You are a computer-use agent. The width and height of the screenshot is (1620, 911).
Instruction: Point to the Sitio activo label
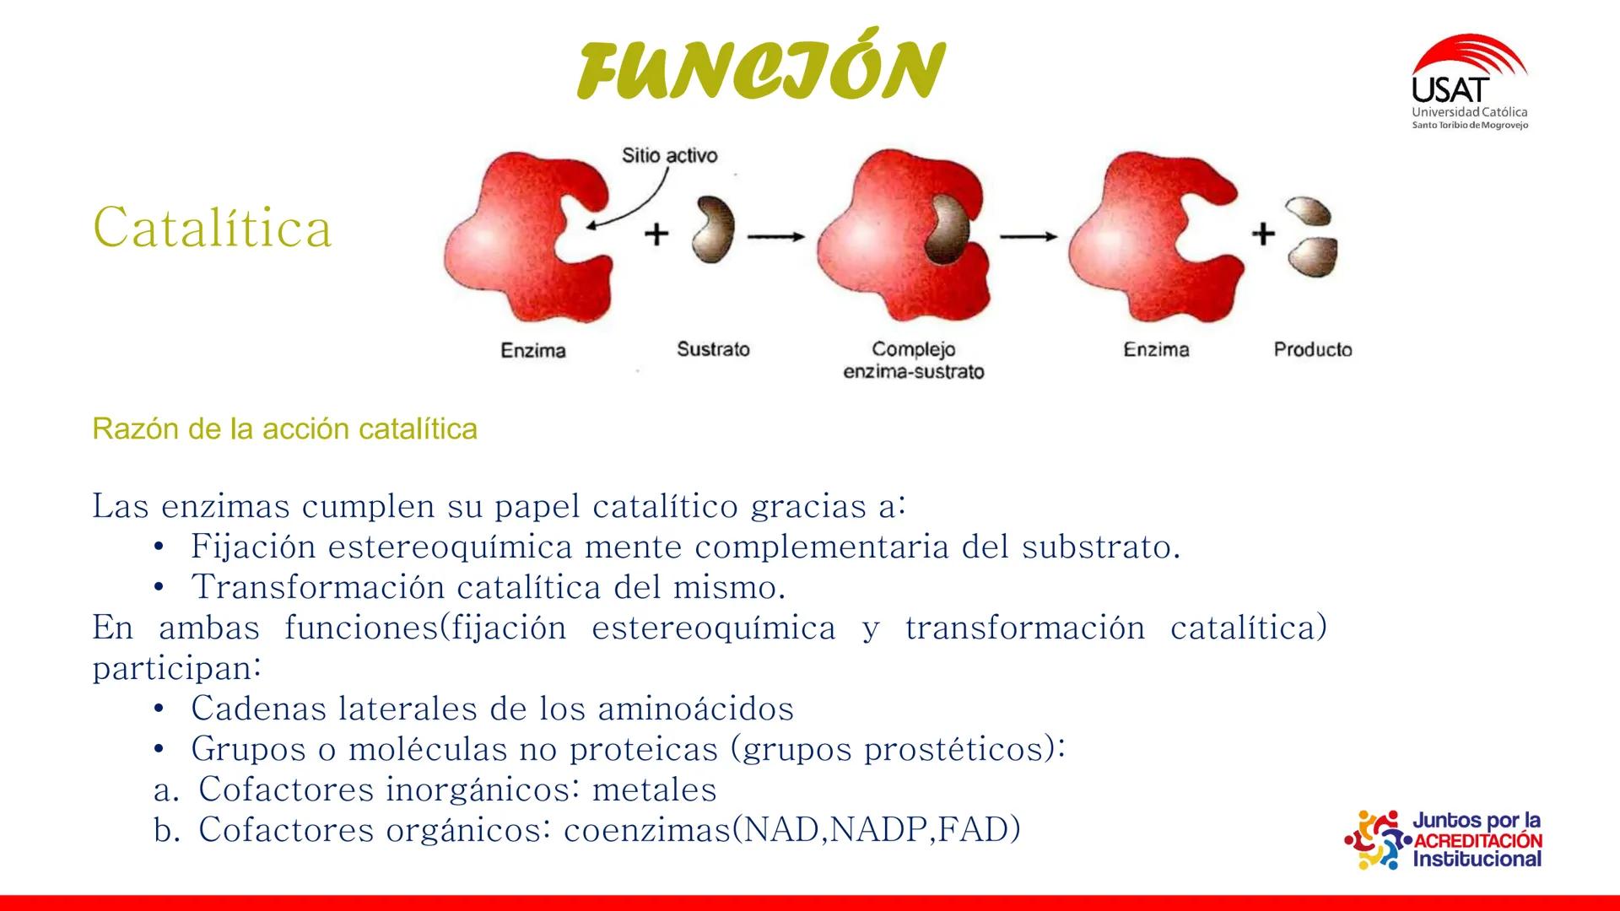(669, 155)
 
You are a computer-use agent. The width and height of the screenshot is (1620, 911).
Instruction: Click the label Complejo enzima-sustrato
(913, 360)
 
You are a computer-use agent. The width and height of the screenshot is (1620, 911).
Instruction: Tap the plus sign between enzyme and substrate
(656, 234)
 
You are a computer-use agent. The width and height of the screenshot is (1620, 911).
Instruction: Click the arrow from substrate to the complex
(775, 238)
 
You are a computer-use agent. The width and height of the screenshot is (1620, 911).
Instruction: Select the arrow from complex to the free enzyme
(1029, 238)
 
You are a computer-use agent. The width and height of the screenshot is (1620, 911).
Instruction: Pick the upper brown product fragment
(1307, 211)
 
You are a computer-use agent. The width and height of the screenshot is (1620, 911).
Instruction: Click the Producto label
(1312, 349)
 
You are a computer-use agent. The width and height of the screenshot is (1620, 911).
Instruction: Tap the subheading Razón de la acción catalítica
(284, 429)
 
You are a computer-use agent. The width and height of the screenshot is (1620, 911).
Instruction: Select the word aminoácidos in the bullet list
(695, 709)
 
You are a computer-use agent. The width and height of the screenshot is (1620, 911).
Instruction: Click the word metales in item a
(654, 790)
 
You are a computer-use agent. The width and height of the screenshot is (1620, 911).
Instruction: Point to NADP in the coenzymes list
(880, 830)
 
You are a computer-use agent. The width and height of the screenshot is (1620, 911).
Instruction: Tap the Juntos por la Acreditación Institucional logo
(1444, 839)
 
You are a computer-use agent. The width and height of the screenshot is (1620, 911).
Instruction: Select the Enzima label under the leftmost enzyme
(532, 350)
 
